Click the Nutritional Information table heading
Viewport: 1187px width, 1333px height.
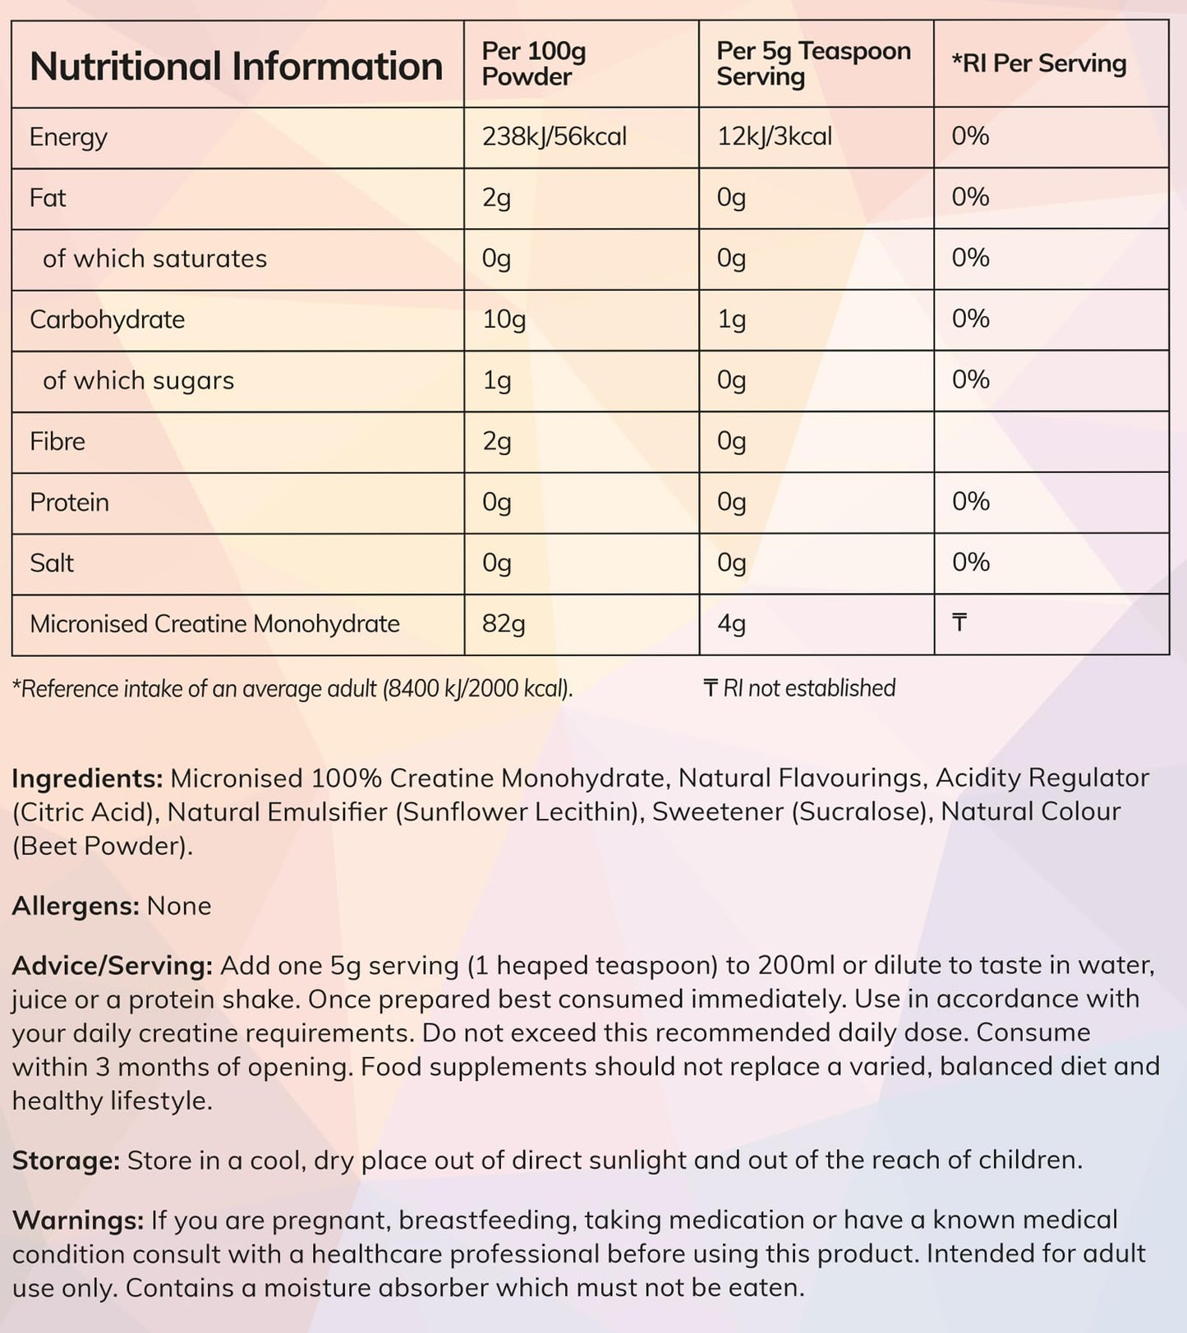tap(236, 66)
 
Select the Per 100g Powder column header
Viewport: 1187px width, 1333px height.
tap(533, 64)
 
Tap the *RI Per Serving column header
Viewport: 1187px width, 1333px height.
tap(1038, 63)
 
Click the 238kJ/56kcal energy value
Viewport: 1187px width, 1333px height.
tap(554, 136)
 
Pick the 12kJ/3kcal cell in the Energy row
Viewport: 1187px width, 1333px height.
tap(774, 136)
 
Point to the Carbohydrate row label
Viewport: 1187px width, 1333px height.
tap(107, 319)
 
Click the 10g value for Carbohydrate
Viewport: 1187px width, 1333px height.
tap(504, 319)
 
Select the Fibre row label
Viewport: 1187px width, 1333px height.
tap(58, 441)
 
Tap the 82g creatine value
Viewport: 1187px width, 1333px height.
tap(503, 624)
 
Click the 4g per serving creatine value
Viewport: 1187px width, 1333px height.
tap(731, 624)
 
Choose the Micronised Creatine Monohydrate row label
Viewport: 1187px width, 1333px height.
tap(214, 624)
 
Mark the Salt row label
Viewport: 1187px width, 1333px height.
tap(52, 563)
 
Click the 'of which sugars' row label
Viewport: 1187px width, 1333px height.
tap(138, 380)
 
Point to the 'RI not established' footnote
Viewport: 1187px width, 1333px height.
tap(799, 688)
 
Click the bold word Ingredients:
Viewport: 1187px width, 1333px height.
tap(88, 778)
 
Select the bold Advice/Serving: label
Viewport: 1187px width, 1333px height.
tap(113, 965)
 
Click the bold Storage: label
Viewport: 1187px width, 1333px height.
tap(66, 1160)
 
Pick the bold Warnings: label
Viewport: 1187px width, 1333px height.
tap(78, 1220)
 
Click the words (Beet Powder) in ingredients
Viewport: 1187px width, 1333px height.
tap(102, 846)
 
